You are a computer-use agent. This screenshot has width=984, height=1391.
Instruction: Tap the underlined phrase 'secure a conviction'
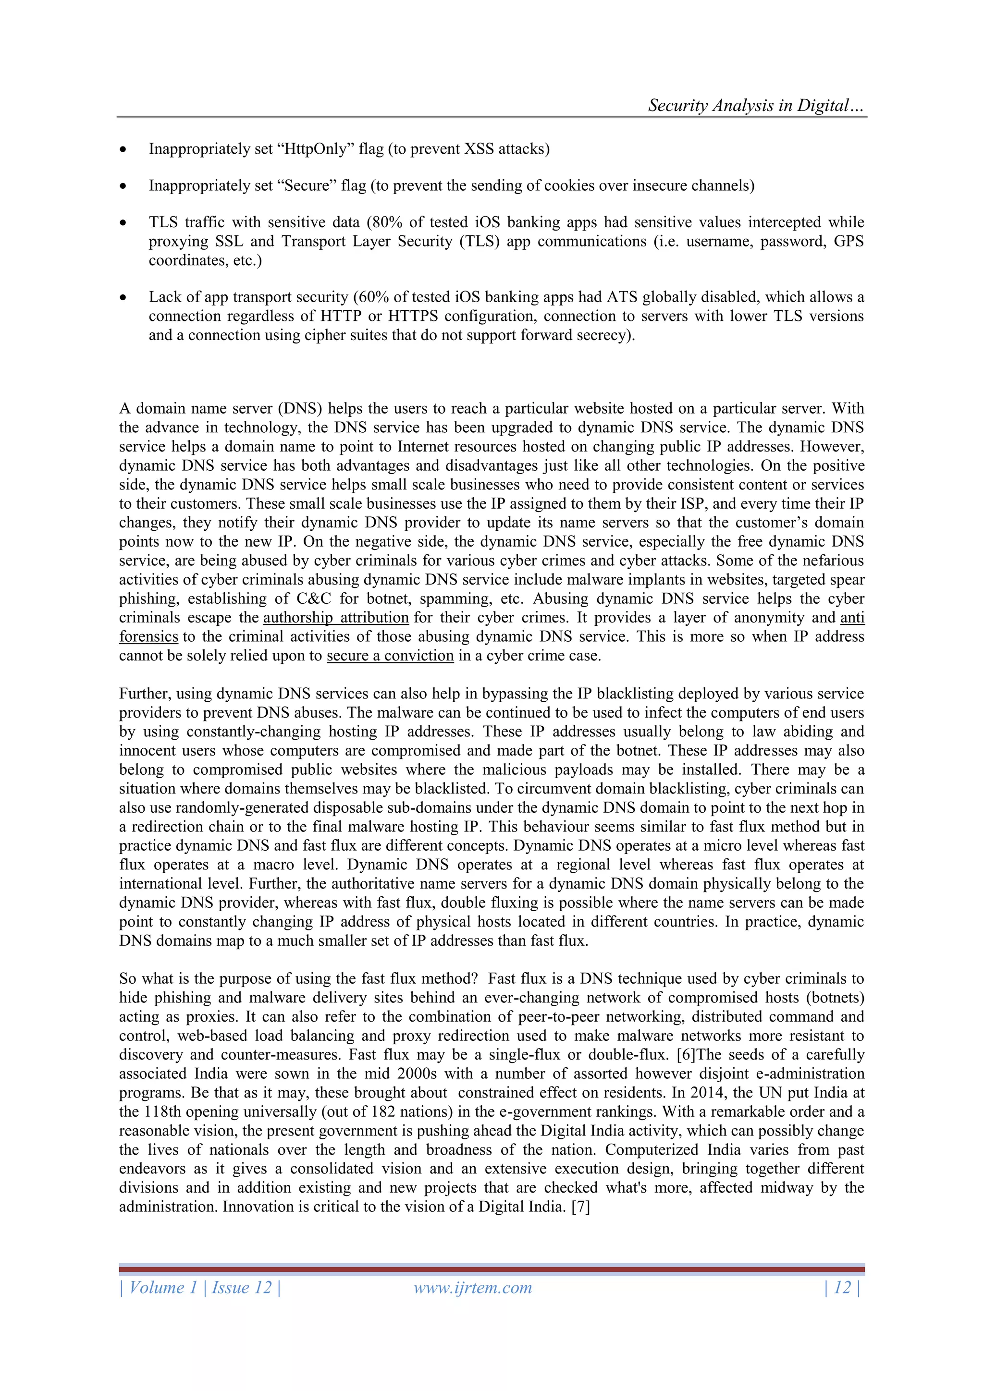(390, 656)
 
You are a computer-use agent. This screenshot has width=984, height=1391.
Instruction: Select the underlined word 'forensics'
(148, 637)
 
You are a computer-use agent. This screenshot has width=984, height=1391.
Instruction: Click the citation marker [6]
(686, 1055)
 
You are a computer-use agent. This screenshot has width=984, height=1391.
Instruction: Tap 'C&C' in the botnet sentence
(313, 598)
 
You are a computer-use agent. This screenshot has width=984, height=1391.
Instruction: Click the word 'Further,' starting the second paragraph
(145, 694)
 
